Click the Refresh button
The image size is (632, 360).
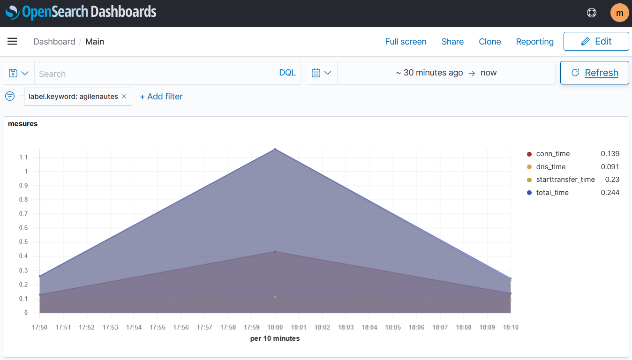(x=594, y=73)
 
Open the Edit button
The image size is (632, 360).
(x=596, y=41)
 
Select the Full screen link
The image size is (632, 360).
(x=406, y=42)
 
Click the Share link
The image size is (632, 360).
(x=452, y=42)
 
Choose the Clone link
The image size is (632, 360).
(x=489, y=42)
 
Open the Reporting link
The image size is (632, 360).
(x=534, y=42)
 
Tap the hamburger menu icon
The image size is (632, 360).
(x=12, y=41)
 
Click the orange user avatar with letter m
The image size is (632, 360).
(x=619, y=13)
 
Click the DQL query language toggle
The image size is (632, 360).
(x=287, y=73)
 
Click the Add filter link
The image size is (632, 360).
(x=161, y=97)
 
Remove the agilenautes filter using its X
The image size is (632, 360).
(x=124, y=97)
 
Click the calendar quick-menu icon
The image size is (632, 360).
(x=321, y=73)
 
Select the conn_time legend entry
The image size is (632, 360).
(x=553, y=154)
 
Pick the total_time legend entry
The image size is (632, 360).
(x=552, y=193)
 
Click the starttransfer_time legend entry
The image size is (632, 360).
(x=565, y=180)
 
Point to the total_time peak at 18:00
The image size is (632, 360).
(x=275, y=149)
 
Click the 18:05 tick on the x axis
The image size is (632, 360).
(x=393, y=327)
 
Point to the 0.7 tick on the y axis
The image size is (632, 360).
(x=23, y=214)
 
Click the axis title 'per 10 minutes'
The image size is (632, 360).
(x=275, y=338)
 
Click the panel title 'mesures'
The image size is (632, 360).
(x=23, y=124)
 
